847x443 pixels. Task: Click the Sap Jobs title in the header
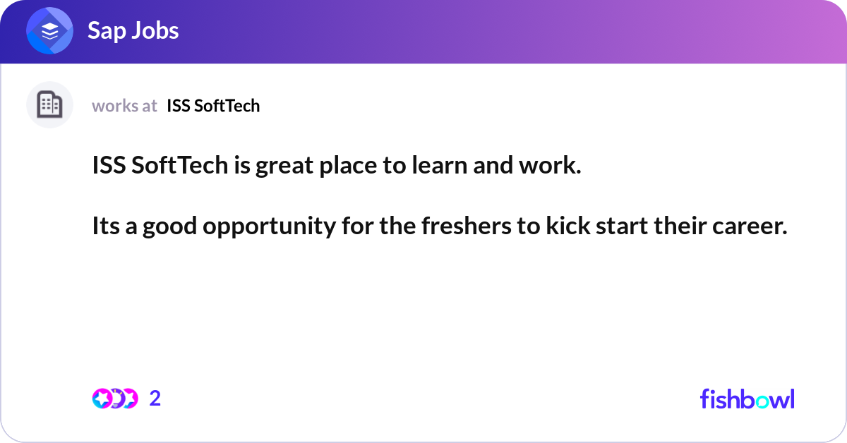click(x=133, y=31)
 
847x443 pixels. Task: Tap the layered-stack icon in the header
click(x=49, y=31)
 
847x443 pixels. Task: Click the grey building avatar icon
click(x=49, y=105)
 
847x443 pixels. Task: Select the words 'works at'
click(x=124, y=106)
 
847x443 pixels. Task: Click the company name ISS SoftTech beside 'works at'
click(x=213, y=106)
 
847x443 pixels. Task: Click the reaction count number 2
click(x=155, y=399)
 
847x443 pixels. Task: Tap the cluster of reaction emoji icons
click(x=114, y=399)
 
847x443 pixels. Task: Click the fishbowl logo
click(x=747, y=399)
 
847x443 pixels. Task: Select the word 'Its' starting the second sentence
click(x=105, y=227)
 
